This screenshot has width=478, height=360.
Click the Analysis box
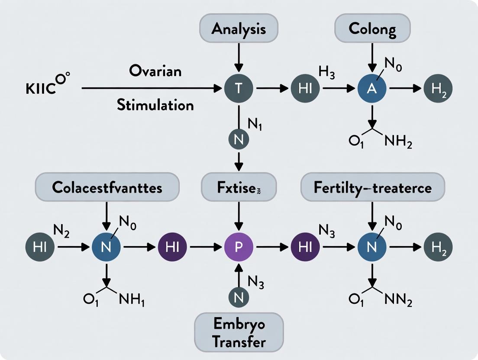click(239, 29)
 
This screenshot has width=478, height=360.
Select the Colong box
click(372, 29)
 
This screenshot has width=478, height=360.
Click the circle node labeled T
click(239, 88)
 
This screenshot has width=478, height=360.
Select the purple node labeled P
click(239, 247)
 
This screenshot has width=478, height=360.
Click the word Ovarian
click(155, 71)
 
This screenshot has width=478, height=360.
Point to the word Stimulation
click(155, 104)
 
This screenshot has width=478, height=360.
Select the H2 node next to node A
click(438, 88)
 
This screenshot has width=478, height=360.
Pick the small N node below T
click(239, 139)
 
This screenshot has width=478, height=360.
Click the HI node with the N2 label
click(39, 247)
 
